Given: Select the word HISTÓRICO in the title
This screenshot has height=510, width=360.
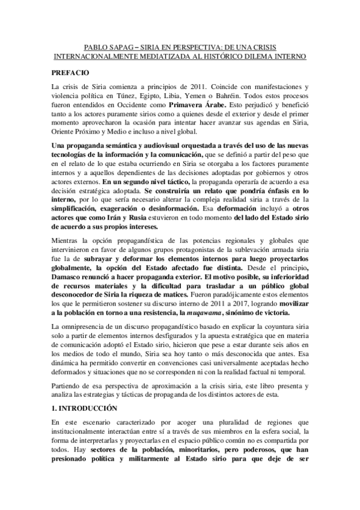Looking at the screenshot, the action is (x=239, y=57).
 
